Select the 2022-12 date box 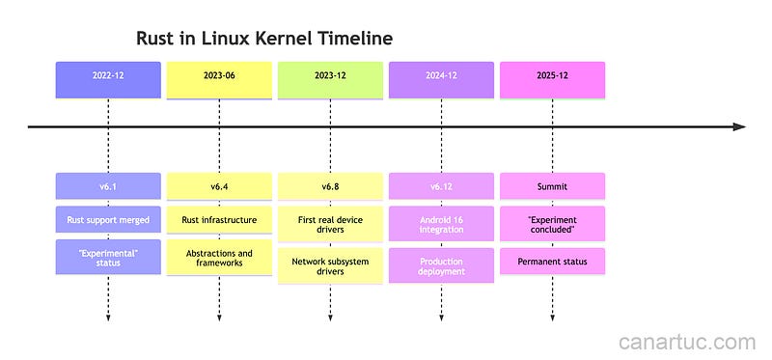[x=108, y=79]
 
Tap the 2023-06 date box [x=219, y=79]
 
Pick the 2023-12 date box [x=330, y=79]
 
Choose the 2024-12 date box [x=441, y=79]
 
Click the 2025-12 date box [x=552, y=79]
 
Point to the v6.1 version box [x=108, y=186]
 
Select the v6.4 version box [x=219, y=186]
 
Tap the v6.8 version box [x=330, y=186]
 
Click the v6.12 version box [x=441, y=186]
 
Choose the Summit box [x=552, y=186]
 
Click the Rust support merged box [x=108, y=220]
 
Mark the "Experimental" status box [x=108, y=260]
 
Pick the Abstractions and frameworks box [x=219, y=260]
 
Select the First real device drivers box [x=330, y=226]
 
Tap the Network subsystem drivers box [x=330, y=265]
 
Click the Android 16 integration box [x=441, y=226]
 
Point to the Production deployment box [x=441, y=265]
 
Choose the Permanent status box [x=552, y=260]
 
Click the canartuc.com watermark [x=686, y=341]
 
